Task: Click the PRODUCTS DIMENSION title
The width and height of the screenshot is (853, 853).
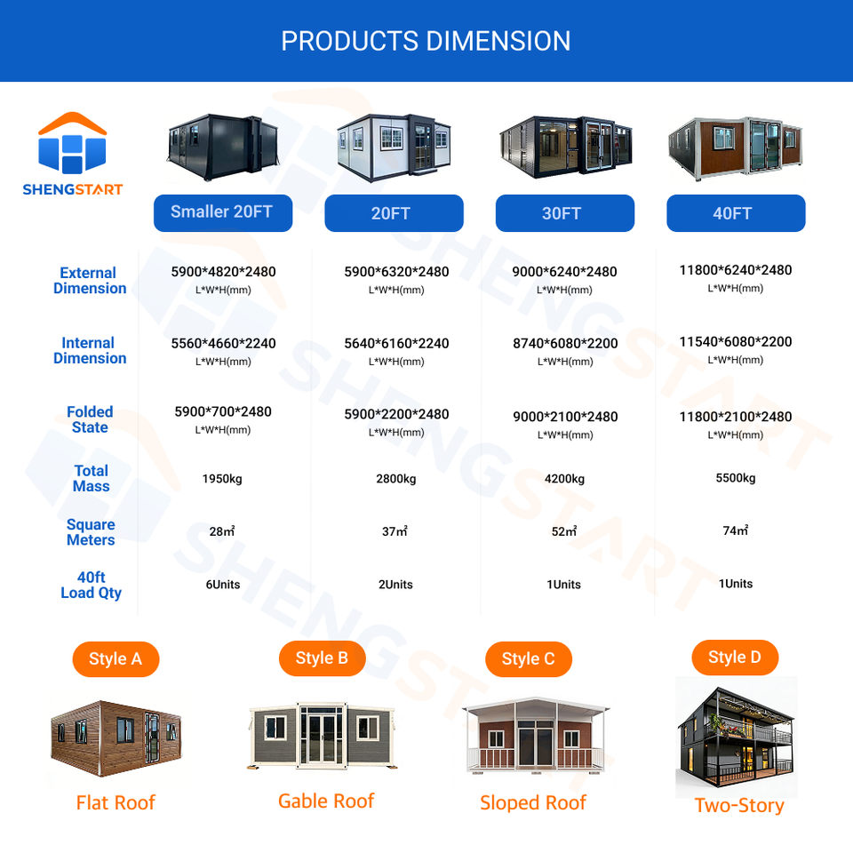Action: click(426, 41)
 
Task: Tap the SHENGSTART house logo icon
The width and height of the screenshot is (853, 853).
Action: click(72, 142)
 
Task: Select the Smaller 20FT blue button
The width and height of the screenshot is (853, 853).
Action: click(223, 212)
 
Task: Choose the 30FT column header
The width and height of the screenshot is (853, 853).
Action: click(565, 212)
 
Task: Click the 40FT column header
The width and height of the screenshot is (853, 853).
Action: click(736, 212)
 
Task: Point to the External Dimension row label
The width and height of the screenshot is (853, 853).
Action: click(90, 280)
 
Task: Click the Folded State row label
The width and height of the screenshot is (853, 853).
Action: click(90, 419)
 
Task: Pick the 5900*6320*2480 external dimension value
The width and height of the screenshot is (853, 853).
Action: click(396, 272)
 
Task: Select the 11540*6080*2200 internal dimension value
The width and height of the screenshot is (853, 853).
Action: click(736, 341)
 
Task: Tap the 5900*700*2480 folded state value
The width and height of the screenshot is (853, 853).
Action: click(223, 411)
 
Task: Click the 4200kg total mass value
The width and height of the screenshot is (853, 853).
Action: click(565, 479)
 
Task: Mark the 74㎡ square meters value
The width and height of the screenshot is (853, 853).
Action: click(736, 530)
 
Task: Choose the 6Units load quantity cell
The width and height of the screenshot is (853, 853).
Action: click(223, 585)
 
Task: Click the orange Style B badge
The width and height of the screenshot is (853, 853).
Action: click(322, 658)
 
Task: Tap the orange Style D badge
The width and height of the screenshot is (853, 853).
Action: click(735, 658)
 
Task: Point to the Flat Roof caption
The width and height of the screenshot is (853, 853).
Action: click(116, 802)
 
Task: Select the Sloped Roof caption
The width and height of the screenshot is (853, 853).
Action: click(533, 802)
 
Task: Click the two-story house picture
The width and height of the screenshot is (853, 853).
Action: click(737, 737)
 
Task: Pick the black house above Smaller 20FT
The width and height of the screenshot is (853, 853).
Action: click(223, 147)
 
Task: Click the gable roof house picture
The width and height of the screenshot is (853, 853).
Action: click(322, 736)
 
